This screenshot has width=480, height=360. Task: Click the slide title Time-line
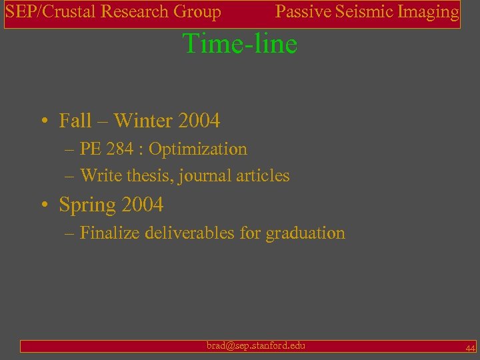240,44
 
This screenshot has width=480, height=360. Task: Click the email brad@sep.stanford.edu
256,345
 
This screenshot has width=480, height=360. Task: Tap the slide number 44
470,348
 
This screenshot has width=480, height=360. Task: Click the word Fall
75,121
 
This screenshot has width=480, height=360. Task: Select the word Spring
87,205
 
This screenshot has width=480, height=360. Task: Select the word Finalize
109,233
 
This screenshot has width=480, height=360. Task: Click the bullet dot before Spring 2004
43,205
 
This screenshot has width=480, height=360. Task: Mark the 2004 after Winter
199,121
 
